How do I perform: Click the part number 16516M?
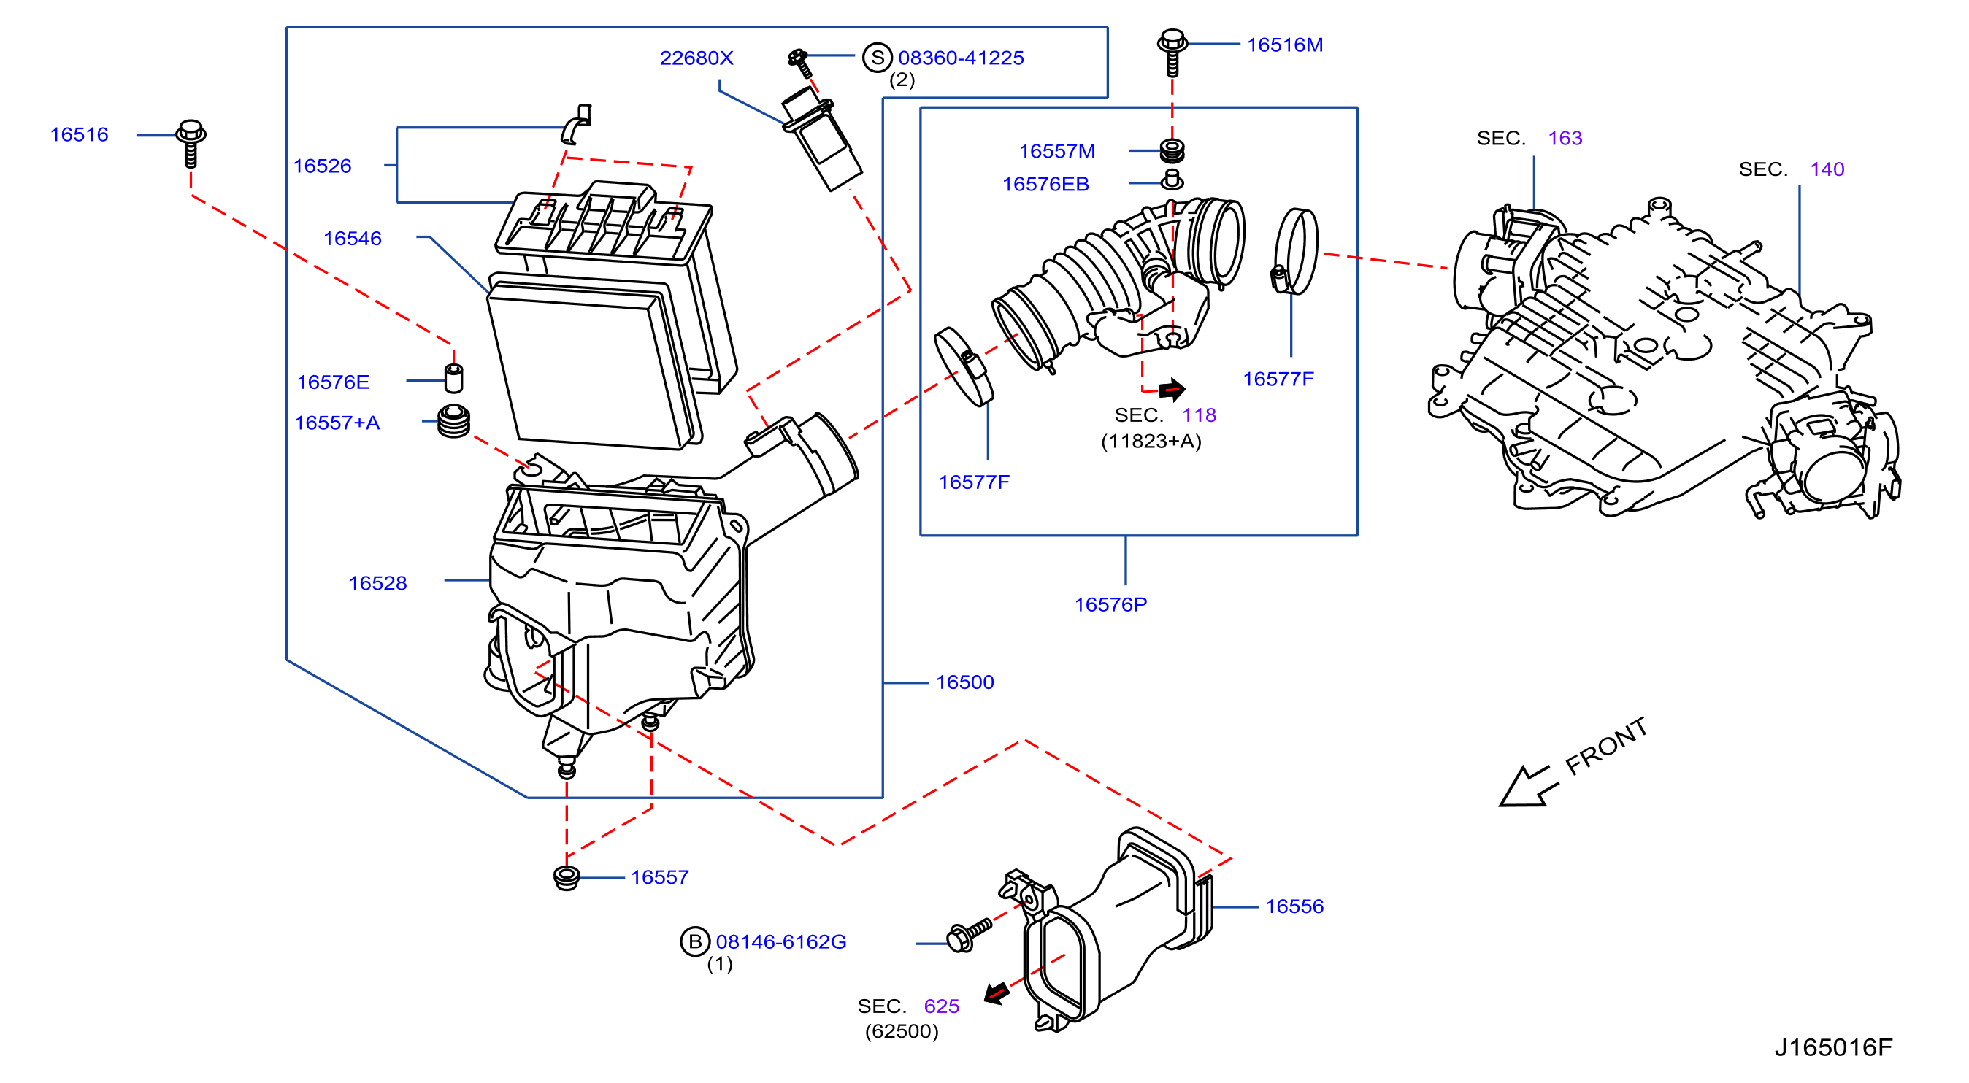coord(1284,45)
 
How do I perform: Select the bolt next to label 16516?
coord(191,143)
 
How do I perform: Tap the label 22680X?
coord(696,58)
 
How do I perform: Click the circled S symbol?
coord(877,58)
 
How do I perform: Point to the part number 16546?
coord(353,239)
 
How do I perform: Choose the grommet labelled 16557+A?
coord(453,420)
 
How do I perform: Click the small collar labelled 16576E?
coord(453,377)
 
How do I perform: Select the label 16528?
coord(377,583)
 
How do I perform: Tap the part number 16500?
coord(964,682)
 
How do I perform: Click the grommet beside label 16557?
coord(566,878)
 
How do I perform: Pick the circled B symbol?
coord(695,941)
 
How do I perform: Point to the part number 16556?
coord(1294,906)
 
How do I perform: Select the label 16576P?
coord(1110,604)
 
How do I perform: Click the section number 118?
coord(1199,415)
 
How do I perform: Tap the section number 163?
coord(1565,139)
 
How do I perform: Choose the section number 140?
coord(1827,169)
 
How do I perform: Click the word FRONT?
coord(1605,746)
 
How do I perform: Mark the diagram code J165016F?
coord(1833,1047)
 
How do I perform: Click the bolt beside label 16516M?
coord(1172,53)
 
